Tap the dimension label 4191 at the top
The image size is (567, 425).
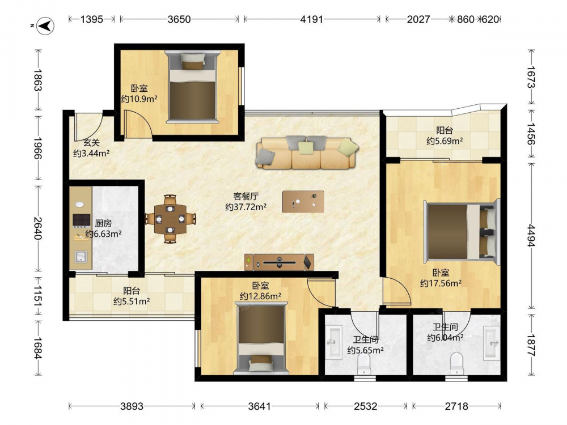(x=311, y=19)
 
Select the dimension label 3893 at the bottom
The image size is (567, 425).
(x=132, y=406)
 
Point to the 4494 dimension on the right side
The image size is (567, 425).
(x=531, y=235)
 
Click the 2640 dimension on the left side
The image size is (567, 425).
(x=37, y=228)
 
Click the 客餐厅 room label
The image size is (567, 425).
(x=246, y=196)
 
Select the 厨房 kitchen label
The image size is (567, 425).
(x=103, y=224)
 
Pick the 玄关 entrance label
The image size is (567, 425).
(x=91, y=143)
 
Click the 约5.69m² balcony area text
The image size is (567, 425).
(x=445, y=141)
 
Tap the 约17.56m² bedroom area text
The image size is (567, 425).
(x=441, y=283)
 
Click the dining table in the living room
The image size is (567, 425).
(x=170, y=219)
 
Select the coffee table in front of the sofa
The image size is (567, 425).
(x=303, y=202)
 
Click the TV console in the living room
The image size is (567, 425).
(x=279, y=262)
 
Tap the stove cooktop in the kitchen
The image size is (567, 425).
(x=81, y=220)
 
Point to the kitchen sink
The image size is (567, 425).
(x=81, y=257)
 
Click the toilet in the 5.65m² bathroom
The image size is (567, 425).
(x=363, y=364)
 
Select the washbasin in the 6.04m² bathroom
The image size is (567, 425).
(x=492, y=343)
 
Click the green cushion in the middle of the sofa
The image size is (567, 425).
(x=306, y=147)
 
